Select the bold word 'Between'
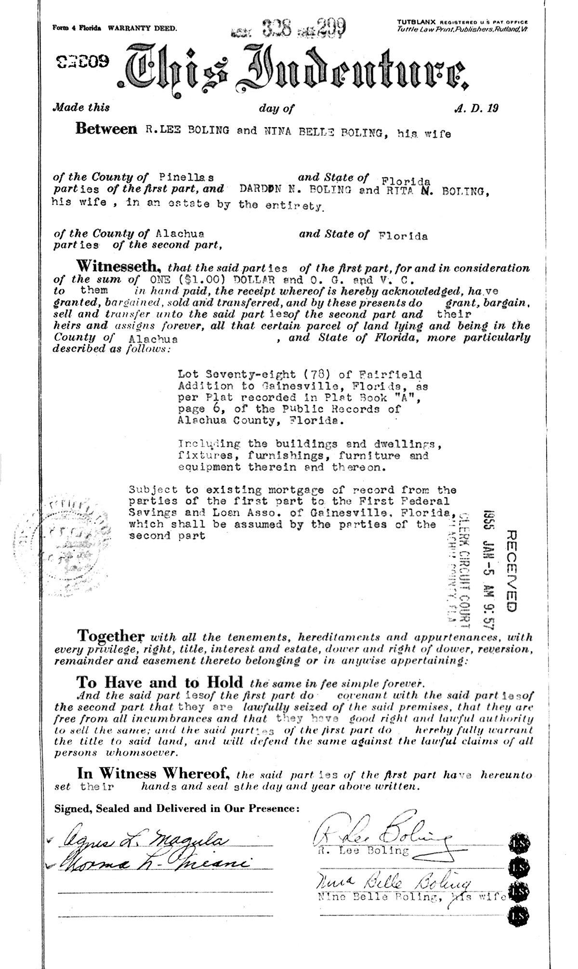[x=106, y=129]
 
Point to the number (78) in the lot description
[x=322, y=375]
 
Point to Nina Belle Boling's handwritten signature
[x=393, y=884]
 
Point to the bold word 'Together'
[x=111, y=635]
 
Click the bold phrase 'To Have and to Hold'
[x=160, y=682]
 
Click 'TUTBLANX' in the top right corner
[x=416, y=22]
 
